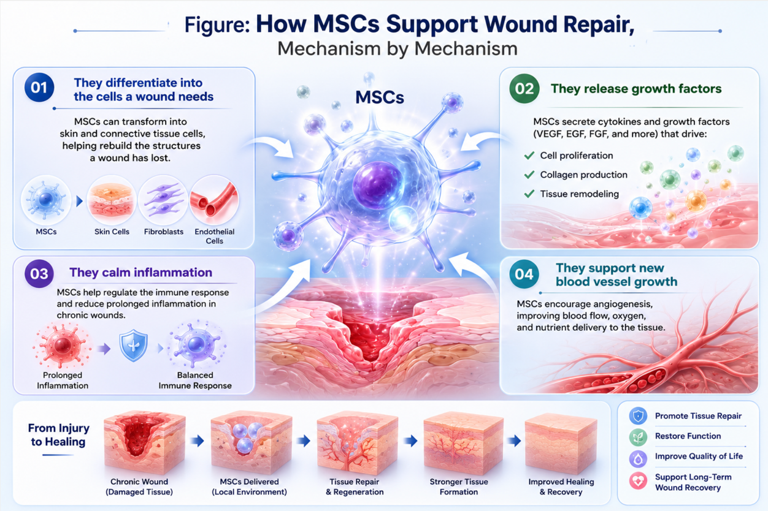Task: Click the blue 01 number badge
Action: point(39,88)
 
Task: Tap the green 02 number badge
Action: point(524,88)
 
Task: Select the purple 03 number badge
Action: point(39,274)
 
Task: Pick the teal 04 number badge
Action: point(524,274)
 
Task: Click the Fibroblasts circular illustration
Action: point(163,200)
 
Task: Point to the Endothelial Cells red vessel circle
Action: point(214,200)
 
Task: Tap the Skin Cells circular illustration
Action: point(112,200)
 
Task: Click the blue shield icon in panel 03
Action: point(133,345)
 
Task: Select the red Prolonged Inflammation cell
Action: point(63,346)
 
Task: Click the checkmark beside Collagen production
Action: point(529,175)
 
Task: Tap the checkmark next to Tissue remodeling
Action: point(529,194)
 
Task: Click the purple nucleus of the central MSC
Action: point(378,184)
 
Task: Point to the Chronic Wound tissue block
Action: point(144,442)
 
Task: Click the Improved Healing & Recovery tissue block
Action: point(561,444)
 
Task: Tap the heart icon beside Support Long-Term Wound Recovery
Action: point(638,481)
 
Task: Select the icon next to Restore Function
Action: point(638,437)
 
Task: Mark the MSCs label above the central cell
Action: point(380,97)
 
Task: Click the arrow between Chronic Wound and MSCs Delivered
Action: point(197,441)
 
